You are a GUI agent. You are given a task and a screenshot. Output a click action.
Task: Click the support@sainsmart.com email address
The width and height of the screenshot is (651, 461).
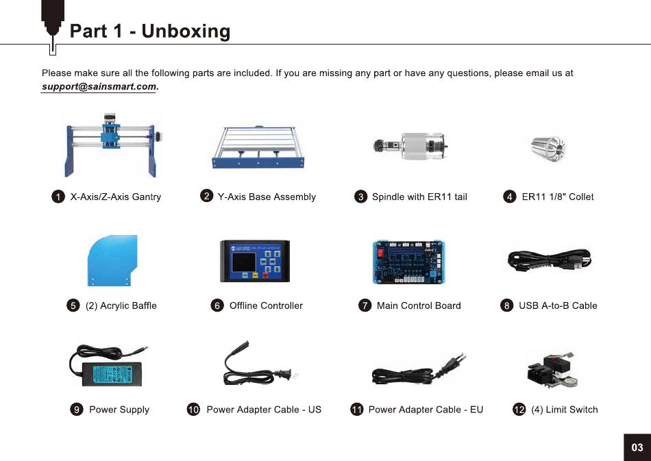pos(99,87)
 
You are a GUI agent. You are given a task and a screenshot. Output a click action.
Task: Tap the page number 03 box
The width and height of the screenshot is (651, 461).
pos(637,447)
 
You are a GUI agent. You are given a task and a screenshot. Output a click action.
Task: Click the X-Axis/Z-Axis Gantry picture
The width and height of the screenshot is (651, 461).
pos(112,147)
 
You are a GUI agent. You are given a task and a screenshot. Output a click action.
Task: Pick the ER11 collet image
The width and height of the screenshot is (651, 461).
pos(550,145)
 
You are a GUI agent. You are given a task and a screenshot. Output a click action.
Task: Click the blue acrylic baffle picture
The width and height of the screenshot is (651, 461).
pos(113,260)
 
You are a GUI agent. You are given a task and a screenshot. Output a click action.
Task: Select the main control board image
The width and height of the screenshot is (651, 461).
pos(410,261)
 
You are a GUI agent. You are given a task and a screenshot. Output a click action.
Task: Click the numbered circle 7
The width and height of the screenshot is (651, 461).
pos(365,306)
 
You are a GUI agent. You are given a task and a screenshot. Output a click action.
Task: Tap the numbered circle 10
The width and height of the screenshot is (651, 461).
pos(193,410)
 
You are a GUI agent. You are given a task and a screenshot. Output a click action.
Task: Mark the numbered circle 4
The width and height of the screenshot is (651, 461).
pos(509,197)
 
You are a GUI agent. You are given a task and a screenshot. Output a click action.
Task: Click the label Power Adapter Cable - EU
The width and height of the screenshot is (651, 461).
pos(426,410)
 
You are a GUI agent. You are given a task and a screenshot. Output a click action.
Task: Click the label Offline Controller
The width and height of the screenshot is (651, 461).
pos(266,306)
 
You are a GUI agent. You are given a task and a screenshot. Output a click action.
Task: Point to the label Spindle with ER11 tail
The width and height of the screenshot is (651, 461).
pos(419,197)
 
